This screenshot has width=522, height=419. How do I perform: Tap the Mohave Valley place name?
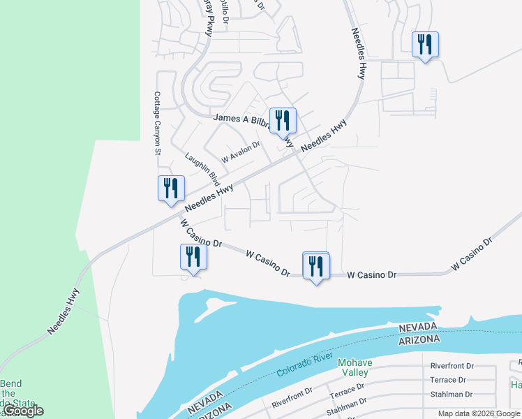tap(356, 367)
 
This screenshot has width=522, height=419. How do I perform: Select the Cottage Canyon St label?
tap(158, 123)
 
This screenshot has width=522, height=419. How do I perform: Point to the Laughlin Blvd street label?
tap(203, 169)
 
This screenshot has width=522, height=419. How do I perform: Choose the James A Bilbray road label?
tap(241, 119)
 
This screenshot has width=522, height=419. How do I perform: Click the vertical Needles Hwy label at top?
tap(359, 53)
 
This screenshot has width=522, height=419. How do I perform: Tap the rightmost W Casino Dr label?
tap(472, 254)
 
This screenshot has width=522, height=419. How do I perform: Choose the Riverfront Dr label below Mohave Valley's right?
tap(452, 366)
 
